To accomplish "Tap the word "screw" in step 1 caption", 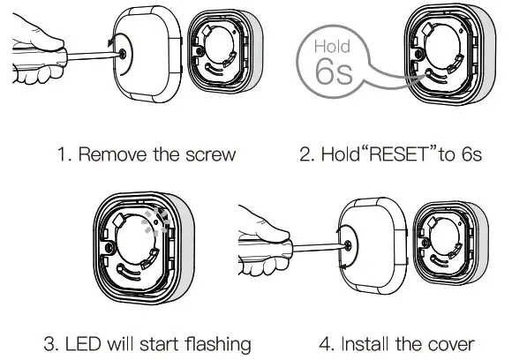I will pos(212,155).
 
